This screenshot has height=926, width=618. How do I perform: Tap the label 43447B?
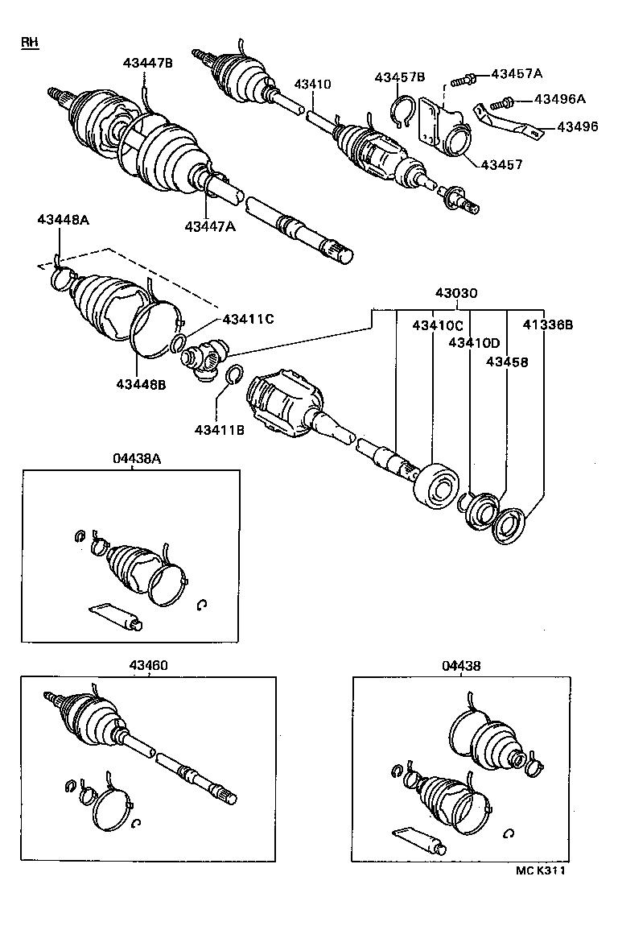point(147,63)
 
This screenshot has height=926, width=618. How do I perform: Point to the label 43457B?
point(399,77)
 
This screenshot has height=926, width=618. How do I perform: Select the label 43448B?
point(140,384)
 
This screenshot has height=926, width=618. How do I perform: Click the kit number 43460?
point(149,665)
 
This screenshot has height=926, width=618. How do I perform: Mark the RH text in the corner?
point(30,42)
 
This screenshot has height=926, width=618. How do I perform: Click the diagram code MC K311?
point(540,870)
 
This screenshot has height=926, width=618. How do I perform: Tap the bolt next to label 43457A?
point(461,79)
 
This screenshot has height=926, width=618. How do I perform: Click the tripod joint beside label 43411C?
point(206,356)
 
